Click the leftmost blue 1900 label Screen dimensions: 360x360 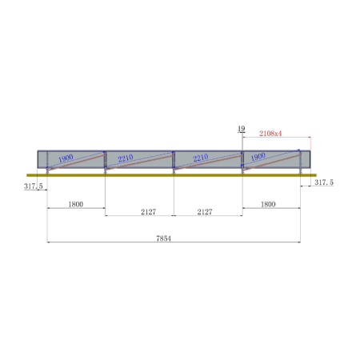point(66,158)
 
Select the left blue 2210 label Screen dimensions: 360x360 point(125,158)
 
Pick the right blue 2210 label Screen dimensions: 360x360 point(201,158)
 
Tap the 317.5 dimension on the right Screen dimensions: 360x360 point(323,183)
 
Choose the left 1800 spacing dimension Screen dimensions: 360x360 point(76,205)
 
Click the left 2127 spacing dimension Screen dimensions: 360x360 point(139,211)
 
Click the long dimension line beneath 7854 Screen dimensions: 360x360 point(174,243)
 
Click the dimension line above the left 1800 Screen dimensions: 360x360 point(76,210)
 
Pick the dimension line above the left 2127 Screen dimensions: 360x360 point(139,216)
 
